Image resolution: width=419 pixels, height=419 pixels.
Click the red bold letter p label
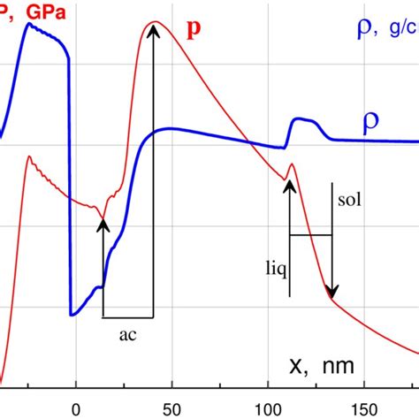[x=194, y=27]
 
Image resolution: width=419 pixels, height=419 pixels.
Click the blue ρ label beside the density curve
[x=372, y=125]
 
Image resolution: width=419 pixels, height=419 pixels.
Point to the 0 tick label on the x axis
[x=75, y=409]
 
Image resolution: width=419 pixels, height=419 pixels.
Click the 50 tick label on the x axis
[x=171, y=409]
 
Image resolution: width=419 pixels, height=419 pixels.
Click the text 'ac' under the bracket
[x=127, y=334]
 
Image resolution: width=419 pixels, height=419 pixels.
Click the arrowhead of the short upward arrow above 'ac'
[x=103, y=224]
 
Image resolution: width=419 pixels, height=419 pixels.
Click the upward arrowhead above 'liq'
[x=289, y=183]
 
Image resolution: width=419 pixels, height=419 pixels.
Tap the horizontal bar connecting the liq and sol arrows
[x=310, y=234]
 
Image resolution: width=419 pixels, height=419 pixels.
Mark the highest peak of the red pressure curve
[x=156, y=22]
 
